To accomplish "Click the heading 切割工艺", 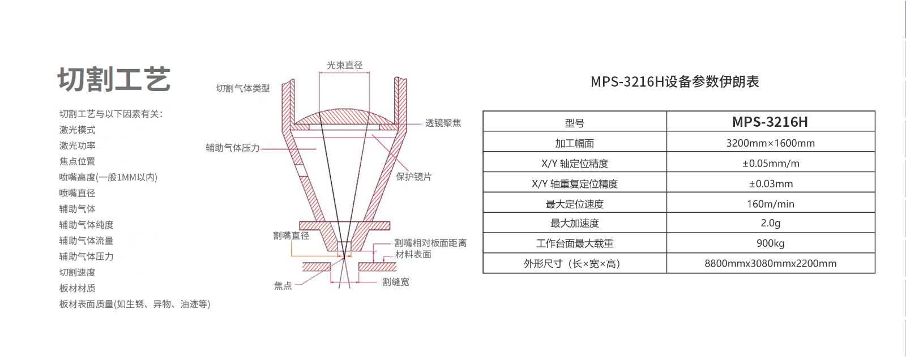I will (114, 79).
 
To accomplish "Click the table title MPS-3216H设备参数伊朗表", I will (674, 82).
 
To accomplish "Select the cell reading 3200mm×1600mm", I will (770, 143).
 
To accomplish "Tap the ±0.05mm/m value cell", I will (770, 164).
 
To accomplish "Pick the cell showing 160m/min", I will (770, 204).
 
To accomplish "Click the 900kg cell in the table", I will (770, 243).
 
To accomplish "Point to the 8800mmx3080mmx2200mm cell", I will (770, 264).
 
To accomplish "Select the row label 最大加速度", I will (574, 224).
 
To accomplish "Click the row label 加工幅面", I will (574, 143).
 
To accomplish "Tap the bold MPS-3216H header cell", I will (770, 122).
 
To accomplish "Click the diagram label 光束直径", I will (344, 66).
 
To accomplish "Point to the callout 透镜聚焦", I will (443, 123).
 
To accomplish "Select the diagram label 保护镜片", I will (413, 177).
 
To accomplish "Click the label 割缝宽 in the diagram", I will (395, 282).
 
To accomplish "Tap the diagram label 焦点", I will (283, 286).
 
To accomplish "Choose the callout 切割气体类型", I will (243, 88).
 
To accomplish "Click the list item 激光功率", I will (78, 145).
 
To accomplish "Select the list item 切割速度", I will (78, 272).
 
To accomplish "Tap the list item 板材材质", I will (78, 288).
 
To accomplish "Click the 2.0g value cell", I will (770, 224).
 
